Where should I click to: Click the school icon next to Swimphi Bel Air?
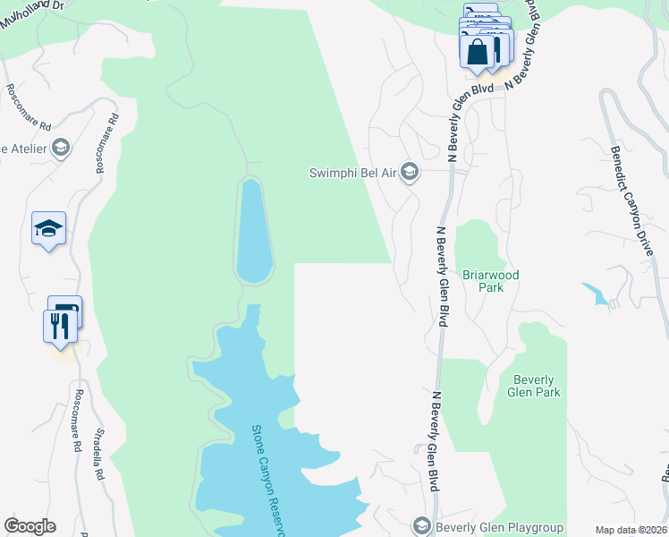410,172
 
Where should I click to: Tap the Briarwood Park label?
490,282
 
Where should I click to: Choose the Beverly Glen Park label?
536,386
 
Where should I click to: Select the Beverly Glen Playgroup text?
497,526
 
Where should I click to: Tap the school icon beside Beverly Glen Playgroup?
422,526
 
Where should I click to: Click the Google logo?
30,526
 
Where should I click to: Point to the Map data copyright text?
630,530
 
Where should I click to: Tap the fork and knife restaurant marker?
59,325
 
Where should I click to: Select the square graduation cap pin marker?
48,229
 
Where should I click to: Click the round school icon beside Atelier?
61,148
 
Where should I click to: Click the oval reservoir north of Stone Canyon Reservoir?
252,231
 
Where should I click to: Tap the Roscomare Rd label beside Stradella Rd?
79,420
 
